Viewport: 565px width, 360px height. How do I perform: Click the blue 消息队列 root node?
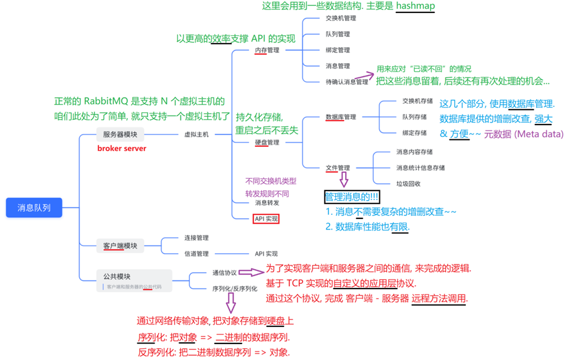34,208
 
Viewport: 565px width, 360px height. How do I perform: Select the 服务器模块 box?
120,135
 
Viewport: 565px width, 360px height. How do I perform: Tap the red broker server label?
121,148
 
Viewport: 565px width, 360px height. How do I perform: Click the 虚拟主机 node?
196,135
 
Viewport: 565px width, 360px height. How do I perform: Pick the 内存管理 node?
267,50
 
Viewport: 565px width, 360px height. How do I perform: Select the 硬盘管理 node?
267,142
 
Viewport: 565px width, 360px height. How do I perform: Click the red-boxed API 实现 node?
266,218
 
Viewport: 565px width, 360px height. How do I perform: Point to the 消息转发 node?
267,202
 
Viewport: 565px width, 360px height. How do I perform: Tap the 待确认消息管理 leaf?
347,82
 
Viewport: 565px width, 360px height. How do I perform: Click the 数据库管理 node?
341,117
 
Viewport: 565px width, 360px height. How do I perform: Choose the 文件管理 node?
338,168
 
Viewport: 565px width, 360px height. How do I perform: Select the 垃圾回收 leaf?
409,184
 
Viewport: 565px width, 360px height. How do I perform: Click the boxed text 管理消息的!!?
352,197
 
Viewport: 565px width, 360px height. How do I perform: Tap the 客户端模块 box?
120,246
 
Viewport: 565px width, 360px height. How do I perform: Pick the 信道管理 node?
196,254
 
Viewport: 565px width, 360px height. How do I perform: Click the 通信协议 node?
224,273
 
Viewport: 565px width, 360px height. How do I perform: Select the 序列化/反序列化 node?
235,289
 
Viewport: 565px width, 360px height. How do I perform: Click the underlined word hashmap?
415,6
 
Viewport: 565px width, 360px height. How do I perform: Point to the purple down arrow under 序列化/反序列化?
231,303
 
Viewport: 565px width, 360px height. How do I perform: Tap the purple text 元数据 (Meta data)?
524,134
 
